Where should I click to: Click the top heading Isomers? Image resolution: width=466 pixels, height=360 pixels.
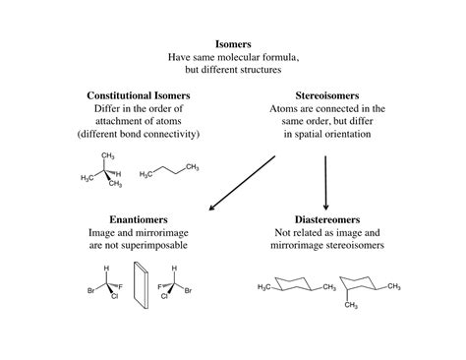[x=233, y=44]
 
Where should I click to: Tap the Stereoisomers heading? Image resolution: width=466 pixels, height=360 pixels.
[x=325, y=95]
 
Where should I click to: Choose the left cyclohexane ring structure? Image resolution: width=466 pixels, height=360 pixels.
[x=296, y=286]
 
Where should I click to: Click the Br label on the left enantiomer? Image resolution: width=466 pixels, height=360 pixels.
[x=90, y=290]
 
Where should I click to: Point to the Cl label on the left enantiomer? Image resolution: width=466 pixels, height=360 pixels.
[x=114, y=296]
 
